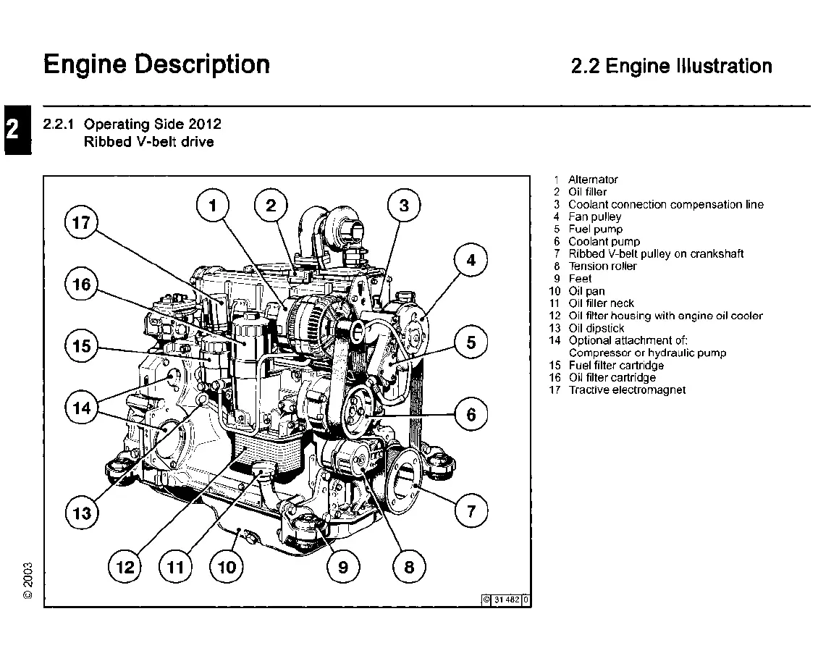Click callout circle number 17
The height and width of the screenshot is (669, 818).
pyautogui.click(x=81, y=222)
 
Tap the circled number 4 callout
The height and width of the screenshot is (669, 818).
pyautogui.click(x=471, y=260)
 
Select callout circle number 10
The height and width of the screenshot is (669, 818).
pyautogui.click(x=227, y=567)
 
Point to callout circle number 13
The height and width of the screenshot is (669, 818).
pyautogui.click(x=82, y=513)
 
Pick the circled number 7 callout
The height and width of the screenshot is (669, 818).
pyautogui.click(x=471, y=512)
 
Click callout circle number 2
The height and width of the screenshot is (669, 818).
pyautogui.click(x=271, y=205)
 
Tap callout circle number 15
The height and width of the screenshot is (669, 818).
pyautogui.click(x=82, y=346)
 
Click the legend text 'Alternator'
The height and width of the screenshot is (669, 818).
pyautogui.click(x=593, y=180)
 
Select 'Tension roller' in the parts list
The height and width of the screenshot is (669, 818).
pyautogui.click(x=602, y=266)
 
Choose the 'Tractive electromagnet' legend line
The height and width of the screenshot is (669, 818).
pyautogui.click(x=627, y=390)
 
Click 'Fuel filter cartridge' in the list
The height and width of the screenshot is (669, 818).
pyautogui.click(x=616, y=365)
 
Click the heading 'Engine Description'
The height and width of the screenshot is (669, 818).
pyautogui.click(x=156, y=64)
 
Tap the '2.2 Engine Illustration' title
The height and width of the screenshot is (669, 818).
pyautogui.click(x=671, y=67)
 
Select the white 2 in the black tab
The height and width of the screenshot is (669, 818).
pyautogui.click(x=13, y=130)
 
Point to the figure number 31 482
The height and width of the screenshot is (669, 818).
pyautogui.click(x=507, y=599)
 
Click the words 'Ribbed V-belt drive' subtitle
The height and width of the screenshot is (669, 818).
pyautogui.click(x=149, y=142)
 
